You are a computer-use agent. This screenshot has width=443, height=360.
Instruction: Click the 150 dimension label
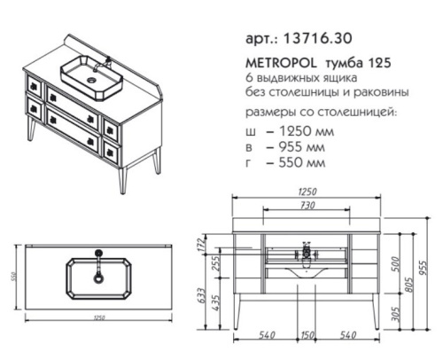306,335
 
